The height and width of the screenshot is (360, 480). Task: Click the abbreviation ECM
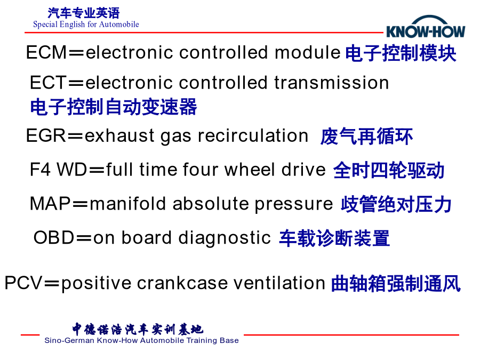click(46, 52)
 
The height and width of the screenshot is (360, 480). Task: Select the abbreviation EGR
click(46, 135)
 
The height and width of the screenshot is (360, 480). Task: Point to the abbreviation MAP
click(50, 204)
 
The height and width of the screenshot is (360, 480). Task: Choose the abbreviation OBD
click(54, 237)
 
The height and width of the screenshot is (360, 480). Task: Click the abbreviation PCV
click(23, 283)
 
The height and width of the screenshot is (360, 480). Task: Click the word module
click(308, 52)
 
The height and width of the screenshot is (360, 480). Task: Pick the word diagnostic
click(225, 238)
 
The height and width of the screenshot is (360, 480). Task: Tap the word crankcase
click(182, 283)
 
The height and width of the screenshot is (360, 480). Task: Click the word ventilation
click(279, 283)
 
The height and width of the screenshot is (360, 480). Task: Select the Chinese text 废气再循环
click(366, 137)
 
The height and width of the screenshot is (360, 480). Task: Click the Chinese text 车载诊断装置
click(334, 238)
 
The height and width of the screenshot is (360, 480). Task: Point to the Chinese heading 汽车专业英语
click(83, 13)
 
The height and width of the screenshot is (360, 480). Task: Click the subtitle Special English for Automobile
click(86, 25)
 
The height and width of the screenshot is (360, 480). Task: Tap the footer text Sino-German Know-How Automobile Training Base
click(141, 340)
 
